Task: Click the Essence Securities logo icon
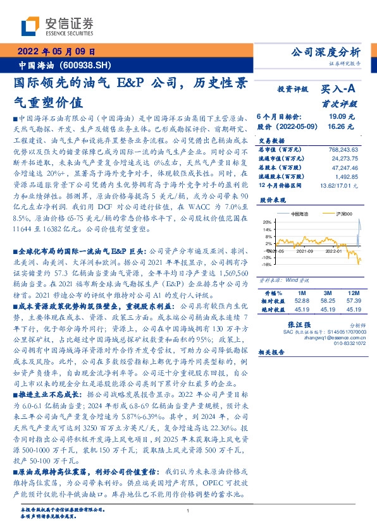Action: (x=31, y=25)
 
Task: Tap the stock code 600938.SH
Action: (x=88, y=65)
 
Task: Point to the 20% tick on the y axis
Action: (x=268, y=222)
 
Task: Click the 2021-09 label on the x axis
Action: (x=305, y=251)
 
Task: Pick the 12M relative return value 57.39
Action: (x=353, y=283)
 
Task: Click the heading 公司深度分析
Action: (x=324, y=52)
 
